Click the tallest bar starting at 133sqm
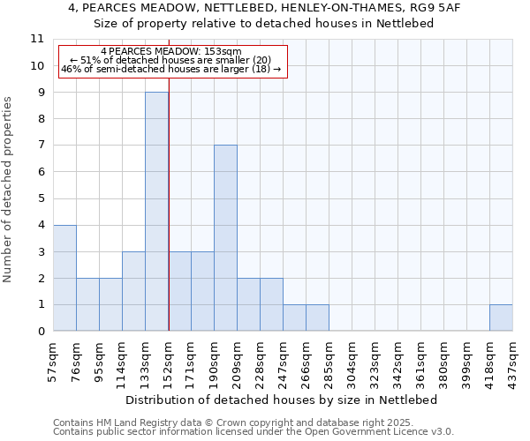tap(156, 212)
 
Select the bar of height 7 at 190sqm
tap(225, 238)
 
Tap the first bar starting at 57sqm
tap(64, 278)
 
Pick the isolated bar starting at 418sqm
tap(501, 318)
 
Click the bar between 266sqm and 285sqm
tap(317, 318)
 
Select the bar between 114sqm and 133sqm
tap(133, 291)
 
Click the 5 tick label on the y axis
tap(41, 198)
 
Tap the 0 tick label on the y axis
tap(41, 332)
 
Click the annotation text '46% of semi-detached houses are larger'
tap(171, 69)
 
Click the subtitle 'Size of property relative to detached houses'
tap(263, 23)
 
